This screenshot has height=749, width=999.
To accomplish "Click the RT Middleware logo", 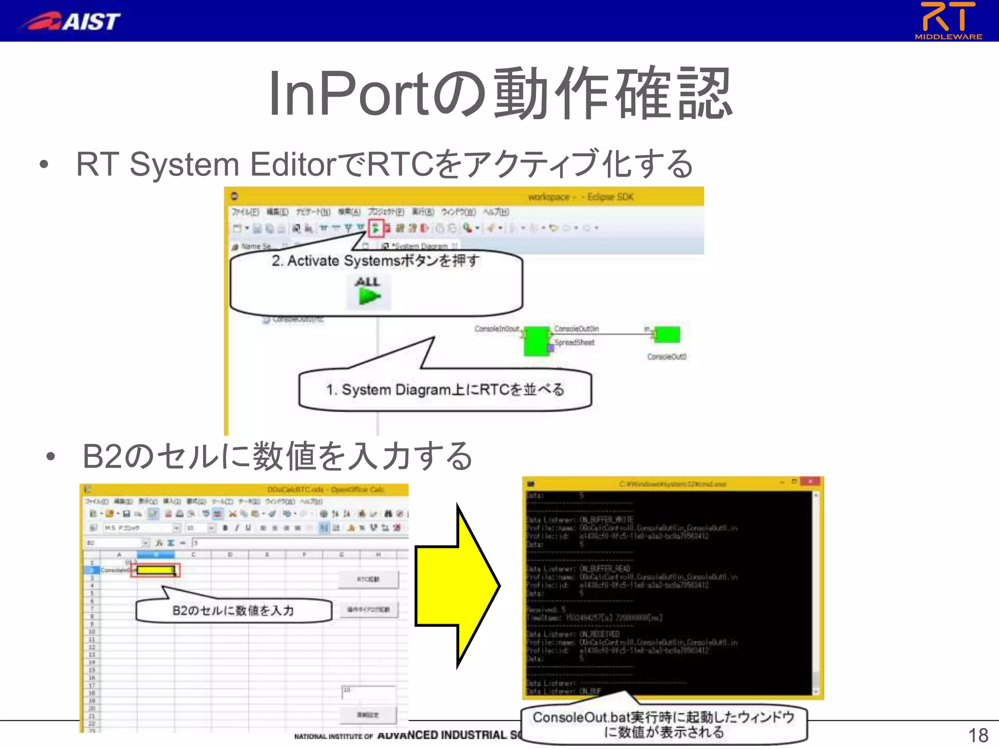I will [948, 20].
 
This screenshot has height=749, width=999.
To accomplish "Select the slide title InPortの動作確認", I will [499, 94].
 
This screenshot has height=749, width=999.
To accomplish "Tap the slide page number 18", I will [978, 735].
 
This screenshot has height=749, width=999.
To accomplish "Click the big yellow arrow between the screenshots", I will [456, 586].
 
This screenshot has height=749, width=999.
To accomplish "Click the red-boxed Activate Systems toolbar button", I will [375, 228].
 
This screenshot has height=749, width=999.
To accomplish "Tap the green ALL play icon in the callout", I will [369, 296].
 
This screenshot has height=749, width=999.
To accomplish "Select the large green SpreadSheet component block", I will [536, 341].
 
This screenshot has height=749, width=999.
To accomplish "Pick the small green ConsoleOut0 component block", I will [668, 335].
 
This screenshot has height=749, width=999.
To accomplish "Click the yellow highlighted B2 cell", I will [156, 570].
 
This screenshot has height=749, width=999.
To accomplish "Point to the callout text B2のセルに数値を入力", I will [233, 611].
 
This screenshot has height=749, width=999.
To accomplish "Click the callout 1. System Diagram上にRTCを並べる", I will [445, 390].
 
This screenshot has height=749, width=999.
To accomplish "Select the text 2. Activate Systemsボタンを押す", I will [376, 261].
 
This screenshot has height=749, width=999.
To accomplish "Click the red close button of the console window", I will [810, 482].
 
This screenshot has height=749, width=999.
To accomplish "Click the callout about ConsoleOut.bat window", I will [663, 725].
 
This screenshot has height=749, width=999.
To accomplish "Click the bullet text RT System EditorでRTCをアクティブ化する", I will [384, 164].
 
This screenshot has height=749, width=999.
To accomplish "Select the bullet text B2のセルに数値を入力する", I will [278, 456].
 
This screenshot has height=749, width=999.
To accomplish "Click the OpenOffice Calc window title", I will [325, 490].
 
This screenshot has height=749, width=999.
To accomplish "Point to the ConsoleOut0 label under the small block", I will [666, 357].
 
